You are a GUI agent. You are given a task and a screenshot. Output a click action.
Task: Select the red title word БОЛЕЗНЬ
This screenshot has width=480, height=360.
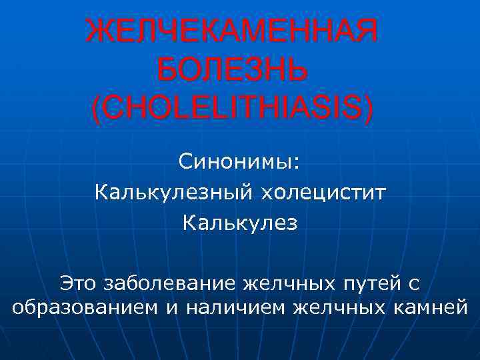[232, 69]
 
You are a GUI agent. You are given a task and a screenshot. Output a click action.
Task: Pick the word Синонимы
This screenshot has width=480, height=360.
[237, 161]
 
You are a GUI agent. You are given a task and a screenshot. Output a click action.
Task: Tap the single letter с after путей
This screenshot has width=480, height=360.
[413, 285]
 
